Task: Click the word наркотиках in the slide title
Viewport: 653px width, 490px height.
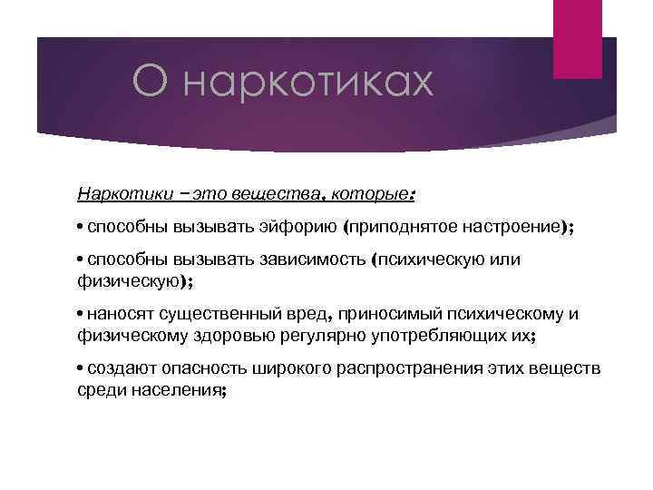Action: tap(309, 83)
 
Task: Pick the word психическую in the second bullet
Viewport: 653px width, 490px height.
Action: tap(429, 260)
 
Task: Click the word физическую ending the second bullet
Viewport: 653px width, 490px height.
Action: tap(129, 281)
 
